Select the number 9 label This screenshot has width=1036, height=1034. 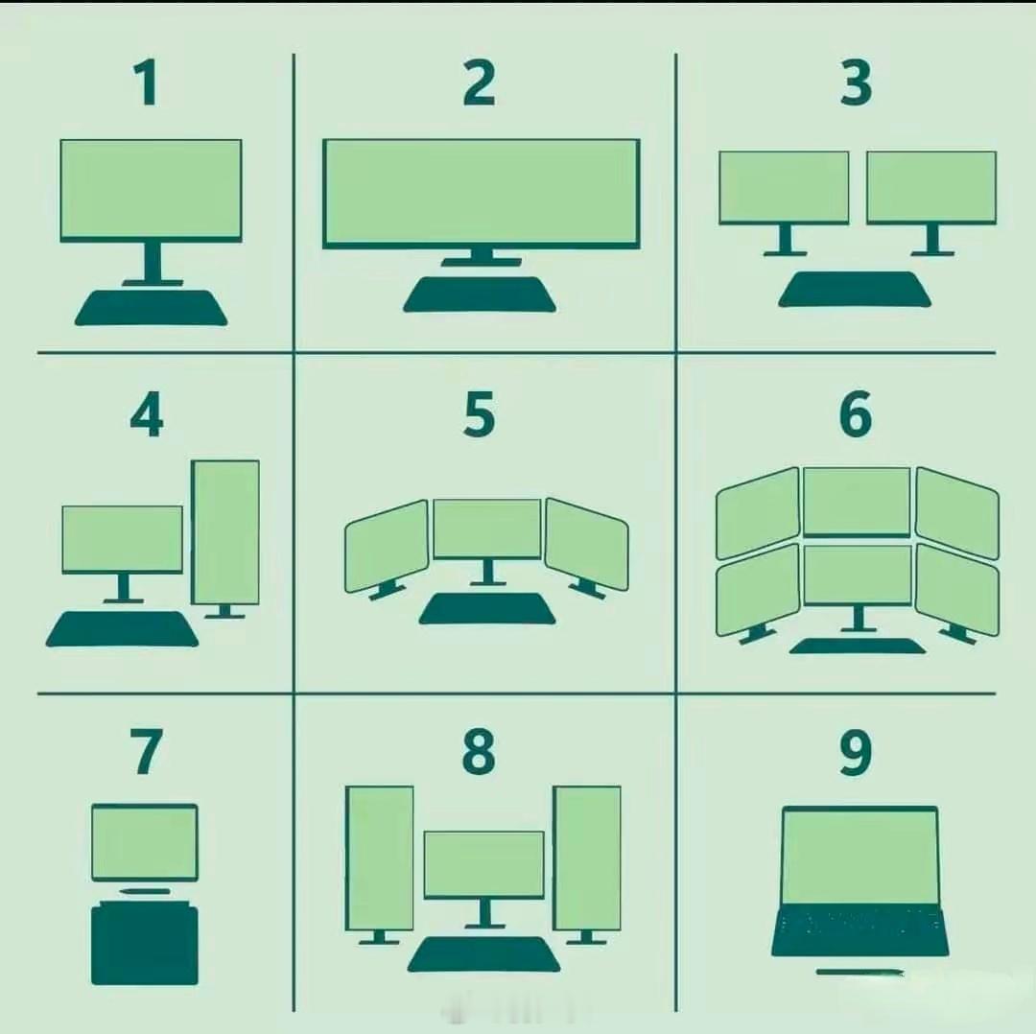(x=856, y=753)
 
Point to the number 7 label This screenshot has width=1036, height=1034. (x=146, y=752)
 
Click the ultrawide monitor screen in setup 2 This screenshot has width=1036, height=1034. (x=481, y=194)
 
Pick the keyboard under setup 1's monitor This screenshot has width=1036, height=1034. (x=152, y=308)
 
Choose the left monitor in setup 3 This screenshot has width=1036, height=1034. (x=785, y=188)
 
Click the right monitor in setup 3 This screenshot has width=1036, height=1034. (x=931, y=188)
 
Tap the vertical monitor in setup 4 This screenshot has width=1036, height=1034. (x=225, y=532)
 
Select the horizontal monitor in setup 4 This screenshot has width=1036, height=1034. (x=122, y=539)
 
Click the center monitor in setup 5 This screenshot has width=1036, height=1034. (x=487, y=529)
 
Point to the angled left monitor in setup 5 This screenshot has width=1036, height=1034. (x=387, y=547)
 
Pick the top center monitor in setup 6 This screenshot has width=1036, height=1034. (x=857, y=502)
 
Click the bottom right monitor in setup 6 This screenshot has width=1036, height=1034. (x=957, y=590)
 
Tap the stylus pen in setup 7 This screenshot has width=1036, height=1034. (x=144, y=891)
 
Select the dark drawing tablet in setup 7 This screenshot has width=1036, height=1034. (x=145, y=945)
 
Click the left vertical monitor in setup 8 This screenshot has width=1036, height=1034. (x=380, y=858)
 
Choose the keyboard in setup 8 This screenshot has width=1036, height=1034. (x=483, y=954)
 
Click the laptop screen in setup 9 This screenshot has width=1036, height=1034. (x=860, y=857)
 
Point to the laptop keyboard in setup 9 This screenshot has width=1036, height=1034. (x=860, y=932)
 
